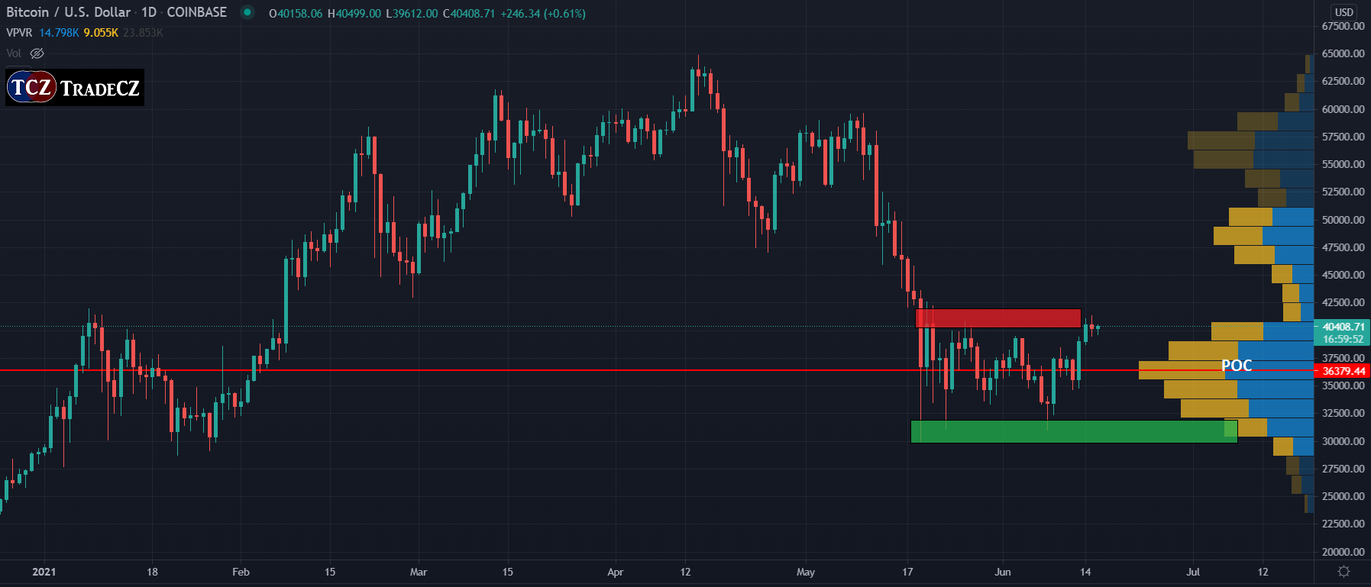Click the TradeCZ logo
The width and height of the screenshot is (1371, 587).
pyautogui.click(x=74, y=88)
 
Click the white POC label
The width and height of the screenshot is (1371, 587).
pyautogui.click(x=1237, y=366)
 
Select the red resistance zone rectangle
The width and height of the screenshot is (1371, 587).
pyautogui.click(x=998, y=318)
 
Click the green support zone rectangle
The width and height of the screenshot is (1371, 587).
pyautogui.click(x=1073, y=431)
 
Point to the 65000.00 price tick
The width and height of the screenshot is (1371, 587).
pyautogui.click(x=1343, y=53)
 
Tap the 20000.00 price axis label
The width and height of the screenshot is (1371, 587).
pyautogui.click(x=1343, y=551)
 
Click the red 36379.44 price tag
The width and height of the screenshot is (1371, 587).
pyautogui.click(x=1343, y=371)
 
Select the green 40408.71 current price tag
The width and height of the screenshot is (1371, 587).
pyautogui.click(x=1343, y=327)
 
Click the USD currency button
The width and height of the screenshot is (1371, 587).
pyautogui.click(x=1344, y=12)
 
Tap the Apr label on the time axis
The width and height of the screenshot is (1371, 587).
pyautogui.click(x=615, y=572)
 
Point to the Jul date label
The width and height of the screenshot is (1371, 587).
pyautogui.click(x=1192, y=572)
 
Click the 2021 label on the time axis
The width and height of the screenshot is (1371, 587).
pyautogui.click(x=44, y=572)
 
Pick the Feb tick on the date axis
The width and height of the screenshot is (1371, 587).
pyautogui.click(x=241, y=572)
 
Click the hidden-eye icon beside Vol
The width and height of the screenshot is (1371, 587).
pyautogui.click(x=37, y=53)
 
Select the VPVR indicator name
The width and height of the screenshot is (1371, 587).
pyautogui.click(x=19, y=33)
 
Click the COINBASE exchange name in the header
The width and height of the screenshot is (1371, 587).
pyautogui.click(x=196, y=12)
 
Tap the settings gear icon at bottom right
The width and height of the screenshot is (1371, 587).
pyautogui.click(x=1344, y=572)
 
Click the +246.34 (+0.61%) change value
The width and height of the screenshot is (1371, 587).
pyautogui.click(x=542, y=14)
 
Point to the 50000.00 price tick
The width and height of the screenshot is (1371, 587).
pyautogui.click(x=1343, y=220)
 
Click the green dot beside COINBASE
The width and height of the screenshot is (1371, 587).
pyautogui.click(x=247, y=12)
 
